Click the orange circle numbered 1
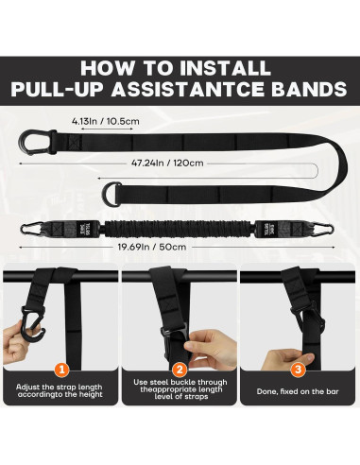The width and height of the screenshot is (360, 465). point(61,370)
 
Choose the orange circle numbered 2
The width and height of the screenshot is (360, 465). point(180,370)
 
